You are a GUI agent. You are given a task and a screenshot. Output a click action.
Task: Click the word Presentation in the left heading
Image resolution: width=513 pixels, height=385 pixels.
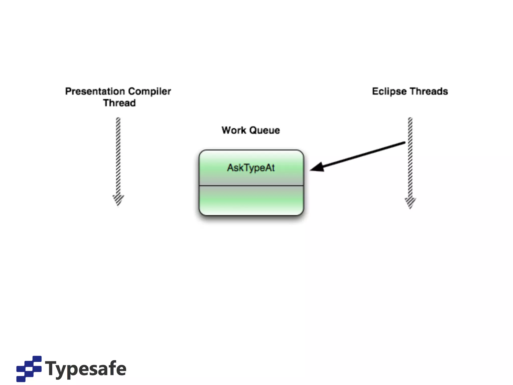pos(95,91)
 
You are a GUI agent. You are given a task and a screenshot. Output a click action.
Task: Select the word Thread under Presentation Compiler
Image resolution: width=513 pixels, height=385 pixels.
pos(119,103)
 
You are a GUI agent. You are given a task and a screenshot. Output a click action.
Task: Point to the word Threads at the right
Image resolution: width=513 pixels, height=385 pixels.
pos(429,91)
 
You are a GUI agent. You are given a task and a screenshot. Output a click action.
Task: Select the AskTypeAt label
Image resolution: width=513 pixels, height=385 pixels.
pos(251,168)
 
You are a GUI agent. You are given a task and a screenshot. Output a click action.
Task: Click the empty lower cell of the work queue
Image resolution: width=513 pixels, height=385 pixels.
pos(251,201)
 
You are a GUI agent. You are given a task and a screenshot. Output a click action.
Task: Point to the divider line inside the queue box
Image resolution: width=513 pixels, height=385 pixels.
pos(251,186)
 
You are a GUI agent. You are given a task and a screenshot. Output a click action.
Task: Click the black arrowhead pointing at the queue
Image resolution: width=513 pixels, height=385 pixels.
pos(318,167)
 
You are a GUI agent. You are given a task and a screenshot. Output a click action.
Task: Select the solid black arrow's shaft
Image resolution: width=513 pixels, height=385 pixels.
pos(363,155)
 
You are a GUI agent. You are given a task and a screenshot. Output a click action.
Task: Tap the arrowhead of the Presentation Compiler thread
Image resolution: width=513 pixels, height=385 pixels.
pos(118,200)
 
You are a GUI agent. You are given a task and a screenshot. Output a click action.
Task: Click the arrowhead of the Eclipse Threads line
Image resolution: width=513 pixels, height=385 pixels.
pos(410,203)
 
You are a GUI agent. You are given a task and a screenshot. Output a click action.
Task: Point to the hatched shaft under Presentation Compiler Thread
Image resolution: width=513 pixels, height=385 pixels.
pos(118,155)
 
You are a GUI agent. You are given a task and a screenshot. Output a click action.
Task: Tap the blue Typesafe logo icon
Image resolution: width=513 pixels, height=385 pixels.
pos(29,368)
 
